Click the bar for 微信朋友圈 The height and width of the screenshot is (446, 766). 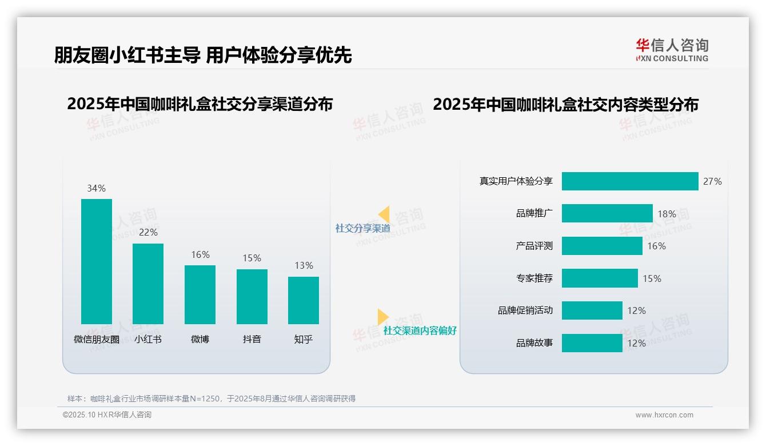pos(97,261)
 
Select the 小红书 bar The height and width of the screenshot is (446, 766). pos(148,284)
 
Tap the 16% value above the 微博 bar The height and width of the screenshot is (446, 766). pos(200,255)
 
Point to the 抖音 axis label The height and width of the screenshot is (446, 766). pos(252,339)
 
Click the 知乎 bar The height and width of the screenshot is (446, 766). pos(304,300)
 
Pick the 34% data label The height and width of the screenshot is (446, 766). pos(96,188)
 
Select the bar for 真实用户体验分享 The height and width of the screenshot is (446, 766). pos(629,181)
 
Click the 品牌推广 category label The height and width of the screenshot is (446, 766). pos(534,214)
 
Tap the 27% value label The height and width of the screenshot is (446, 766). pos(712,181)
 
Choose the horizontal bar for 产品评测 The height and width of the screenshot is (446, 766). pos(602,246)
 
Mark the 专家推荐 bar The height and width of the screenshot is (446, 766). pos(600,278)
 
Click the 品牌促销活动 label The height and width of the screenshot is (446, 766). pos(525,310)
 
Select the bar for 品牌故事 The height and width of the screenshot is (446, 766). pos(592,343)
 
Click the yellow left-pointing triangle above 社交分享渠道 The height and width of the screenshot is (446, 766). pos(384,214)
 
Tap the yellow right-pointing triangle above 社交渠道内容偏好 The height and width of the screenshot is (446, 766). pos(383,317)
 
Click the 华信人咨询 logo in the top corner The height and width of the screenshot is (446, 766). pos(672,50)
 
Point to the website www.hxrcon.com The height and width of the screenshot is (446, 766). pos(664,415)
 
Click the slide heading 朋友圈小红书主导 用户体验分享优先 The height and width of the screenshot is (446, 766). pos(203,55)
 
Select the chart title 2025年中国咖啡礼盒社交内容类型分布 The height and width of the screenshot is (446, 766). pos(565,105)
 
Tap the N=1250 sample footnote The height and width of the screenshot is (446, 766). pos(212,399)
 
